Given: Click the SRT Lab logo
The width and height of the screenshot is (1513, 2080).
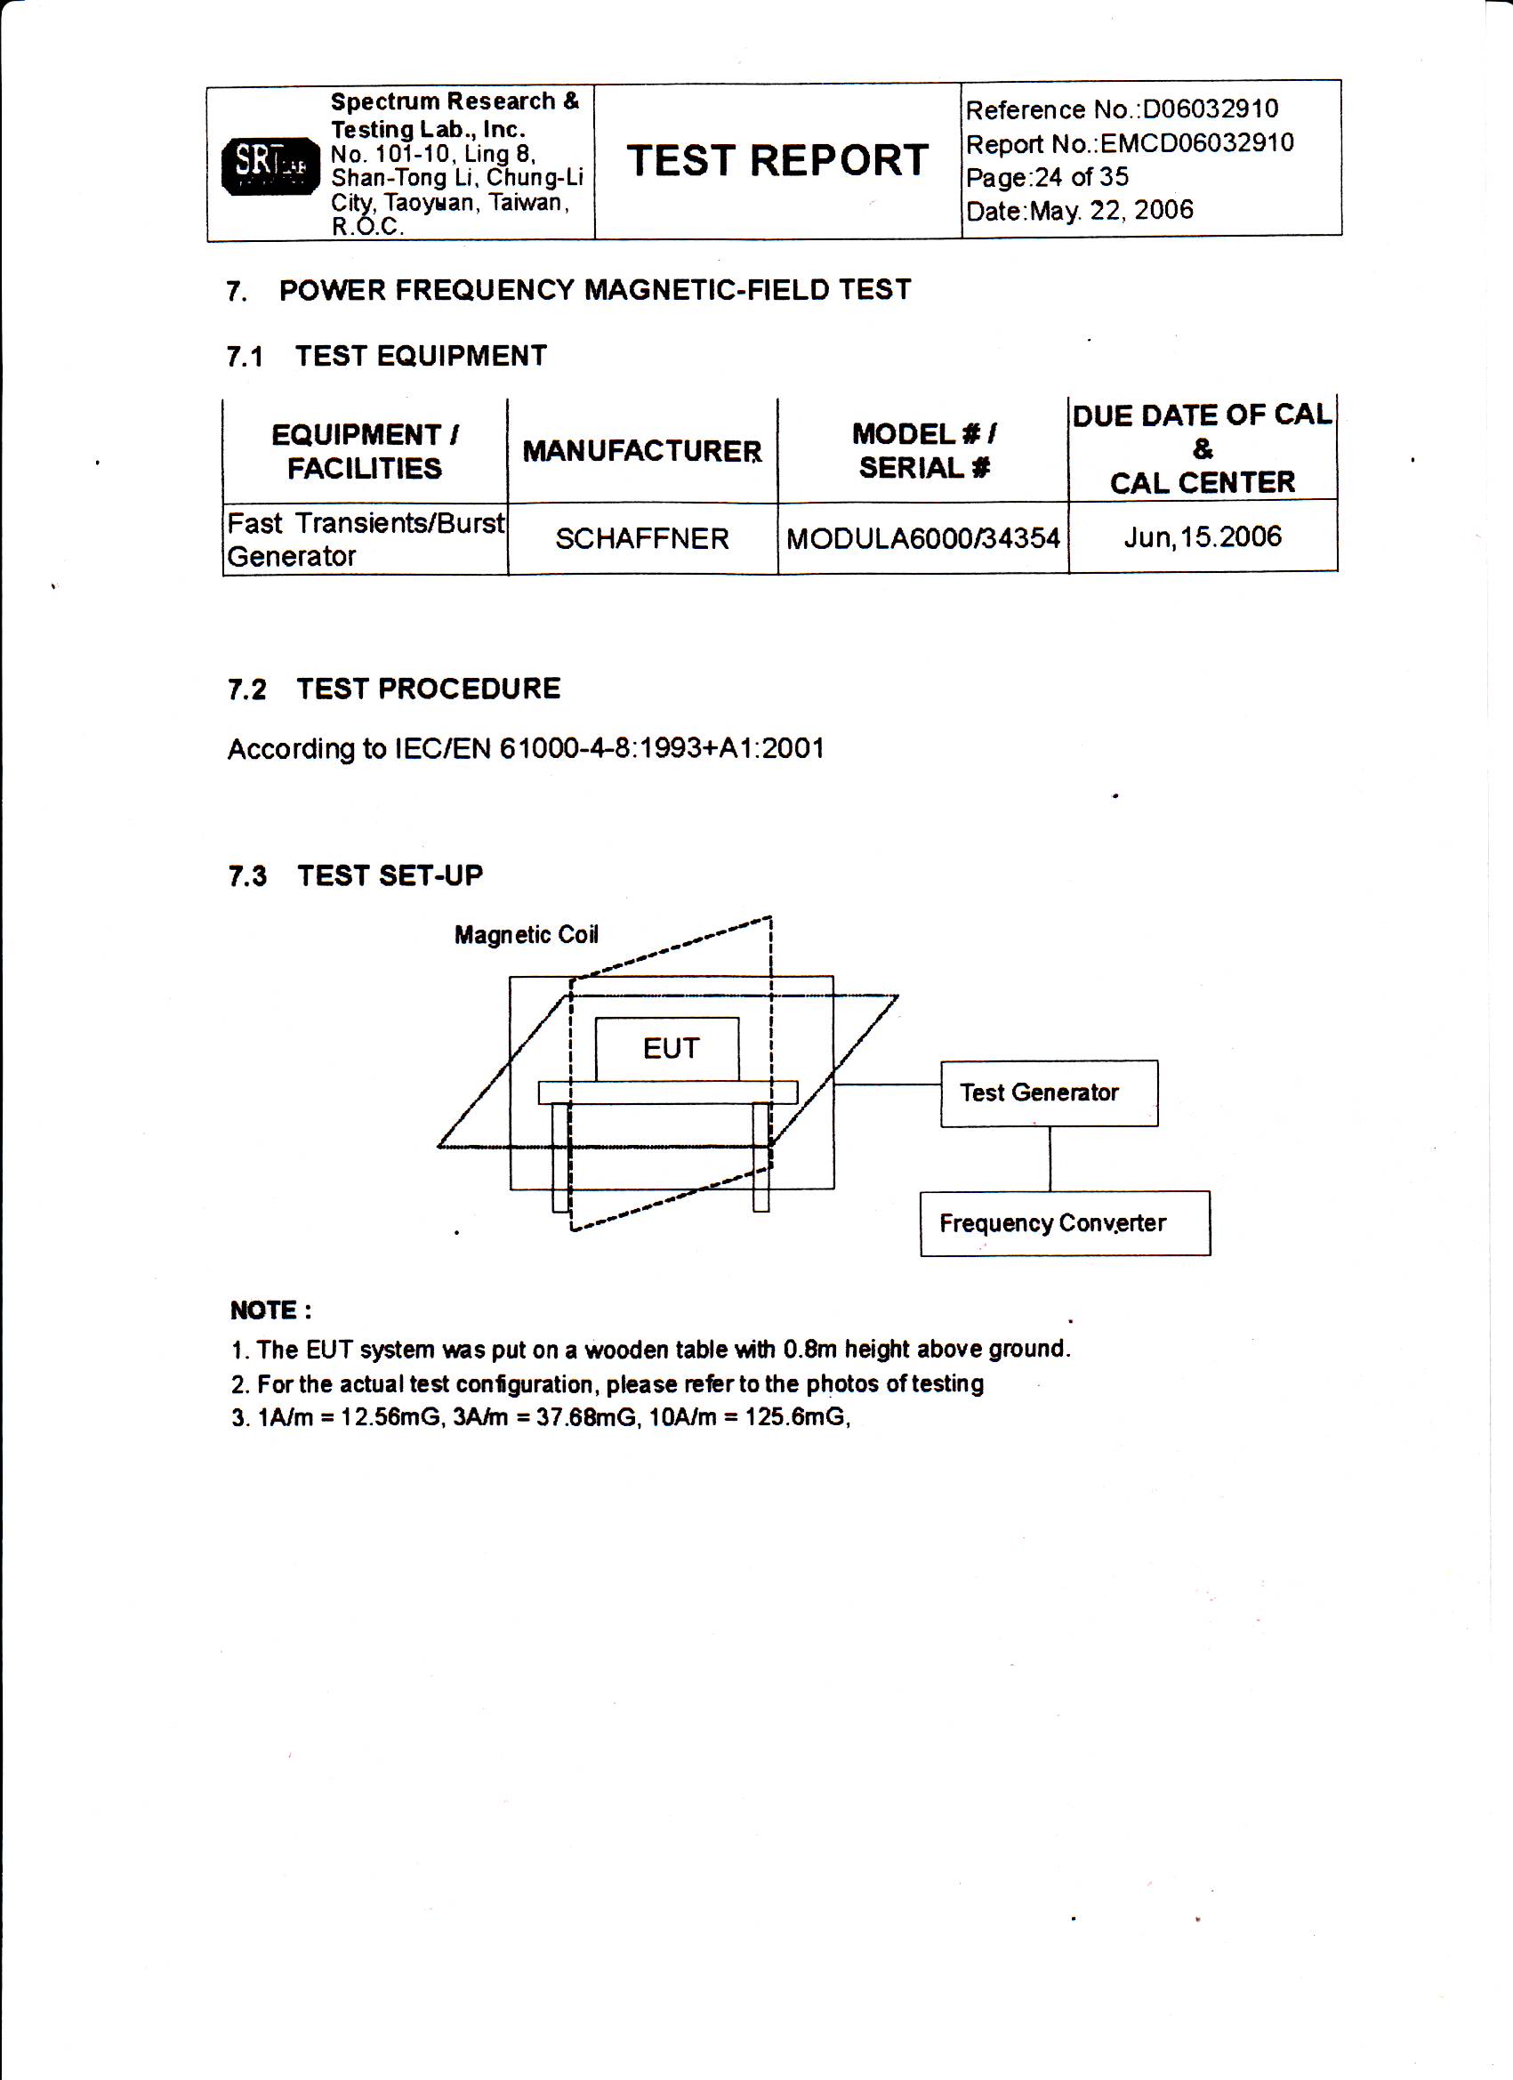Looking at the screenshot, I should (x=270, y=165).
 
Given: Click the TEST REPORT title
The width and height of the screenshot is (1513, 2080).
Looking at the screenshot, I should (x=777, y=161).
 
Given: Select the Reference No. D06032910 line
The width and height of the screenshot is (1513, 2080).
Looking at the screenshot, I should (x=1121, y=110).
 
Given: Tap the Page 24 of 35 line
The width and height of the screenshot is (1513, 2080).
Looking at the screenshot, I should (x=1046, y=177).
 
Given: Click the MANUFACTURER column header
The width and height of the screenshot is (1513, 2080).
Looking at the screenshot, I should (x=642, y=451).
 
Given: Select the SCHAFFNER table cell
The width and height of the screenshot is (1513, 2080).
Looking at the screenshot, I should (x=642, y=538).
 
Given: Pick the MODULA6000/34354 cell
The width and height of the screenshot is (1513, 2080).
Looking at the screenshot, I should (x=922, y=538).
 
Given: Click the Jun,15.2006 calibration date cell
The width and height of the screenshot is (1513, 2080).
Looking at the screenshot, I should (x=1203, y=536).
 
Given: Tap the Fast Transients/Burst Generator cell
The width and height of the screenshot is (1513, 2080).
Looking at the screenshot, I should (x=365, y=539).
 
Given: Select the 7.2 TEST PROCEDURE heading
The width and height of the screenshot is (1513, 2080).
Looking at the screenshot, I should (x=393, y=689).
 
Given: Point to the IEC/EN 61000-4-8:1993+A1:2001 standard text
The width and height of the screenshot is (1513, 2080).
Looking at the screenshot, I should (x=526, y=749).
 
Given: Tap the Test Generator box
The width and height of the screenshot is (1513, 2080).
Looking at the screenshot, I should (x=1048, y=1093).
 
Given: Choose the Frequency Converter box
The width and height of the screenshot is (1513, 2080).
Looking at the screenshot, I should (x=1064, y=1223).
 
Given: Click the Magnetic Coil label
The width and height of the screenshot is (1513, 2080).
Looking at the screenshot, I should (x=527, y=934).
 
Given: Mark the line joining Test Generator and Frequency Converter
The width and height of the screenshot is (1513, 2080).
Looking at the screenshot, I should (x=1050, y=1158).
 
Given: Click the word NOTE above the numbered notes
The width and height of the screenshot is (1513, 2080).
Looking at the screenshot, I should (x=263, y=1310).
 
